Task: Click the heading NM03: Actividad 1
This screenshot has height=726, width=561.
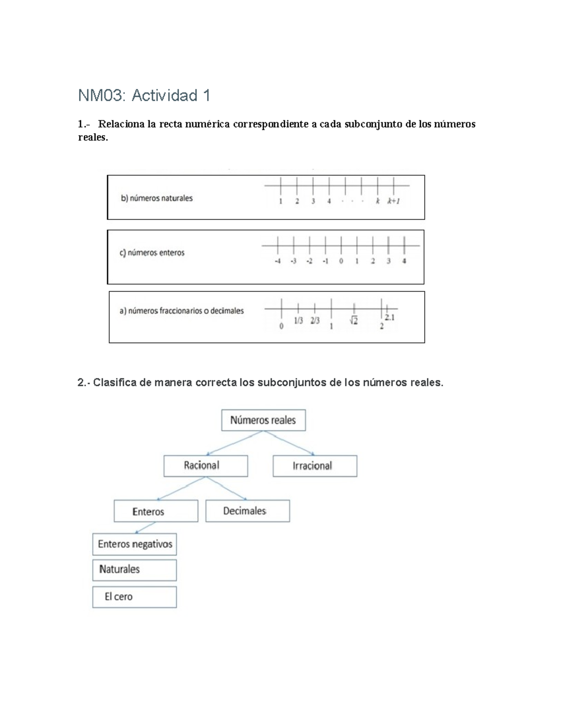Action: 144,96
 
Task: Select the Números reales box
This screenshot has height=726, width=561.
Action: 263,420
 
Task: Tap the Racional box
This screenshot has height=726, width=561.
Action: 206,466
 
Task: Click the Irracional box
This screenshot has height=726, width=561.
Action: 315,466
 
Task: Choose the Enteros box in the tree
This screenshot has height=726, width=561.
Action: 156,511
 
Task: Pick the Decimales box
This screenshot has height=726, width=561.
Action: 247,511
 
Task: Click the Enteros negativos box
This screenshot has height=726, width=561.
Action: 135,544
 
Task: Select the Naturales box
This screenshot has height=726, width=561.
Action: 135,570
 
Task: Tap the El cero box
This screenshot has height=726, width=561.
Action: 135,597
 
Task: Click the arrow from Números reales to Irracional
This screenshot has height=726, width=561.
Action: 290,443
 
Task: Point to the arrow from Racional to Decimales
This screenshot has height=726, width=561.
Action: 226,489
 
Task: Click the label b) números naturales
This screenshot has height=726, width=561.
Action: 157,198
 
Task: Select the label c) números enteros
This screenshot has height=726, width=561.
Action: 152,253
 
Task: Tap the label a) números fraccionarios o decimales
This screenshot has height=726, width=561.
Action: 181,311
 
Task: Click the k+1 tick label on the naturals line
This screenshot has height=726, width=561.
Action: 393,201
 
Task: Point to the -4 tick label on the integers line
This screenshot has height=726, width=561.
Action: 278,261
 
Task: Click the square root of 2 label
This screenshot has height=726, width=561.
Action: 353,321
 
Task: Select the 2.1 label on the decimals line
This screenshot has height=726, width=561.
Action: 389,318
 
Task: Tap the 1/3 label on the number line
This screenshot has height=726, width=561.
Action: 298,321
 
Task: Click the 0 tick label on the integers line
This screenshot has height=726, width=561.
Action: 341,261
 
